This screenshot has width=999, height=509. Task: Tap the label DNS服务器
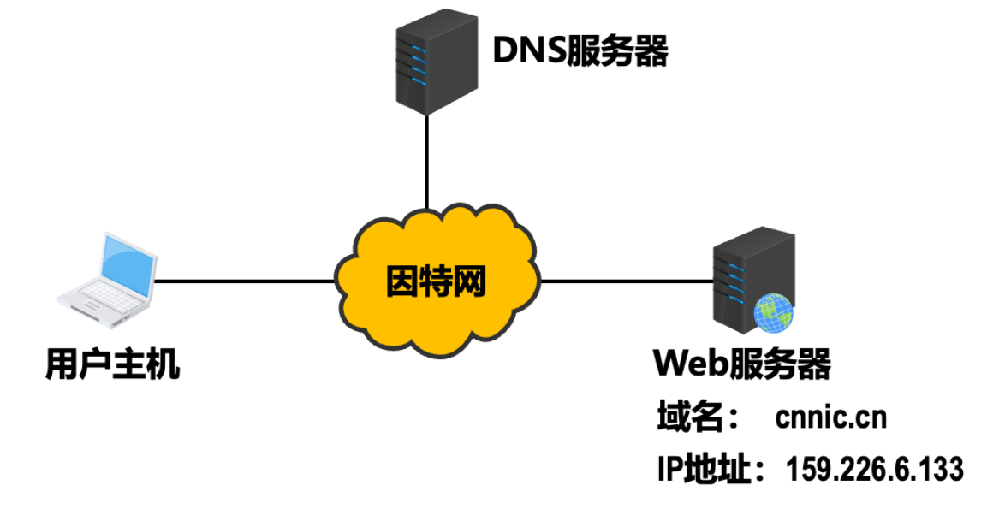pyautogui.click(x=580, y=50)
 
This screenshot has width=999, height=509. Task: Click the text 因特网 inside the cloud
pyautogui.click(x=436, y=281)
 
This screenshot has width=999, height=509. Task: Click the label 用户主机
pyautogui.click(x=113, y=365)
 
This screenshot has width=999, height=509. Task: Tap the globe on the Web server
pyautogui.click(x=773, y=313)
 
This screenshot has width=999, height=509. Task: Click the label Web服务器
pyautogui.click(x=742, y=364)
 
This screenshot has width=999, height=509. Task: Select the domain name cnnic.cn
pyautogui.click(x=831, y=418)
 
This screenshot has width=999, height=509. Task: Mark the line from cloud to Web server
pyautogui.click(x=625, y=281)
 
